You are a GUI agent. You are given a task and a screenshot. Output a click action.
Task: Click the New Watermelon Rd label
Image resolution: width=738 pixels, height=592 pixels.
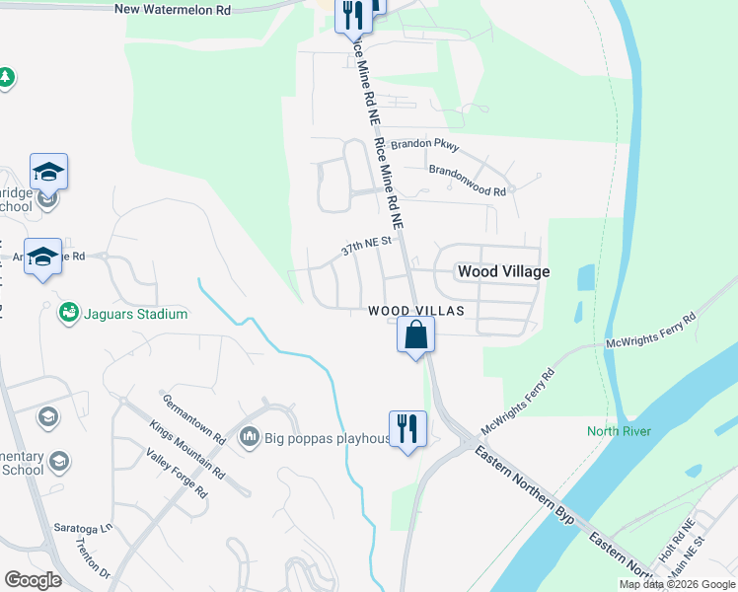(173, 9)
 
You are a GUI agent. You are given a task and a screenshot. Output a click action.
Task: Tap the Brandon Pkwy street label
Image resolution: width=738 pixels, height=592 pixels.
(425, 144)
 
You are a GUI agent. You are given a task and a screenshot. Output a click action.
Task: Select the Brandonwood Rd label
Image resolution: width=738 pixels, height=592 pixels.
(467, 179)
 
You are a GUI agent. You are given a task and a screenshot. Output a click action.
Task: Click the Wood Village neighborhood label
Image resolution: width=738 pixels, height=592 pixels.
(502, 271)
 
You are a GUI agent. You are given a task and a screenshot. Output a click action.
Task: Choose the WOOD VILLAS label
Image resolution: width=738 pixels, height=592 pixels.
(415, 311)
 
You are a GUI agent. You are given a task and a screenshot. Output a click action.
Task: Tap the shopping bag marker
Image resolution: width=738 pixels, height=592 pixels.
(416, 334)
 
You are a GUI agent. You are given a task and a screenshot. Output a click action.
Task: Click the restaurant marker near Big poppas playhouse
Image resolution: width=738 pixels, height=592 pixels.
(407, 429)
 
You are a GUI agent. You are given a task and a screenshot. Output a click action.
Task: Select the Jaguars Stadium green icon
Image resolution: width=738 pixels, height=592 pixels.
(68, 313)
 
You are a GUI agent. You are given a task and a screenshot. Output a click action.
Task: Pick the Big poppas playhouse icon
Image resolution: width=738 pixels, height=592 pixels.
(249, 435)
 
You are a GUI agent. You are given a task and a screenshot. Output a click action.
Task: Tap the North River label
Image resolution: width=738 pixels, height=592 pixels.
(618, 431)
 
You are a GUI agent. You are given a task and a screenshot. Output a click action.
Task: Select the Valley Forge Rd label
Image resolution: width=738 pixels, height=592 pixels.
(176, 473)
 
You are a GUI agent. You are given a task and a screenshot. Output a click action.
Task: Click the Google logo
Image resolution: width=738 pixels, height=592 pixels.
(33, 579)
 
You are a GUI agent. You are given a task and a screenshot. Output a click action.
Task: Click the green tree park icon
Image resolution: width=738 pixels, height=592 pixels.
(6, 77)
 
